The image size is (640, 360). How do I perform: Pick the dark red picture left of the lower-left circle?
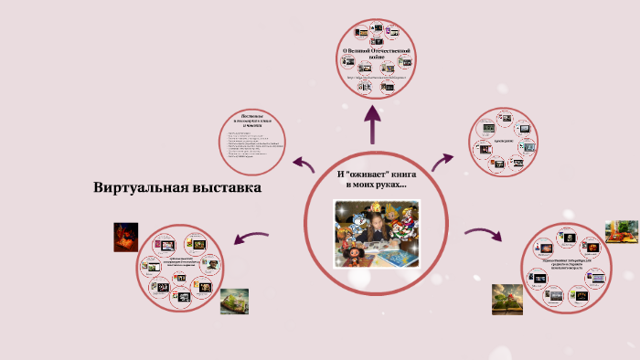click(125, 237)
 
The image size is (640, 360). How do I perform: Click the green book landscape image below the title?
click(234, 302)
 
